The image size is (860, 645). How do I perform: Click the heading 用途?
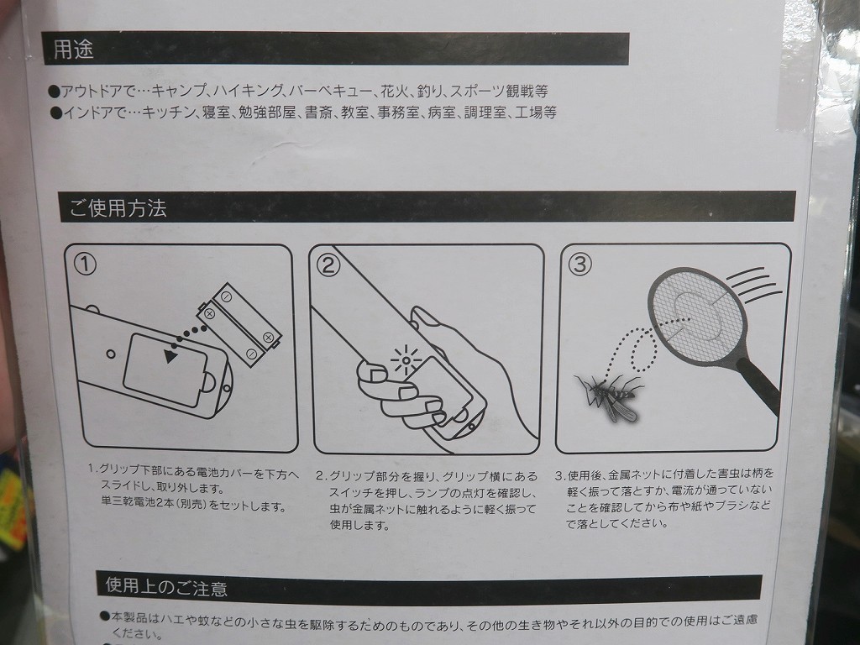(74, 50)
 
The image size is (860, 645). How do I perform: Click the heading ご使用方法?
(118, 208)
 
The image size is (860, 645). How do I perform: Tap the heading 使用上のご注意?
(166, 587)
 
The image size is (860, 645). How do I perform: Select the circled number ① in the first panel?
(85, 265)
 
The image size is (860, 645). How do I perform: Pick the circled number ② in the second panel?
(328, 265)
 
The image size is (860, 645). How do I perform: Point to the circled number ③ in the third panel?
(579, 264)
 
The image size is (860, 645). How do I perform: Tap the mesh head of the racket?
(693, 316)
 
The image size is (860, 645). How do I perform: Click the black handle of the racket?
(759, 385)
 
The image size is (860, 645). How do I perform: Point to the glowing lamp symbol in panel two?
(406, 360)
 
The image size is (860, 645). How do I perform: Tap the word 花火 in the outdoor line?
(395, 91)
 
